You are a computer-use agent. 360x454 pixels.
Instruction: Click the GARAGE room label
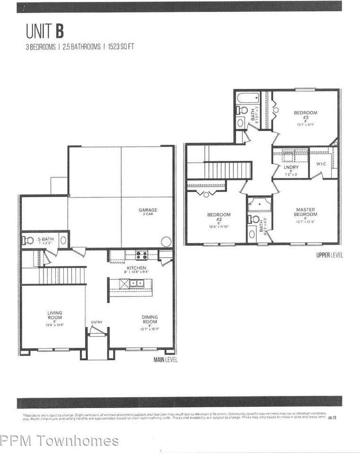pyautogui.click(x=148, y=210)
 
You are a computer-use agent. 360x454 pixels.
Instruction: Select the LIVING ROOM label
pyautogui.click(x=54, y=315)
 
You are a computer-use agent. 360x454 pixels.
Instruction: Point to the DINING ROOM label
pyautogui.click(x=149, y=320)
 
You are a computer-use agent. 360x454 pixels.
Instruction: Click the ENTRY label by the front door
pyautogui.click(x=97, y=322)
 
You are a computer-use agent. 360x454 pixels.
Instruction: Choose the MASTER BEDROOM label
pyautogui.click(x=305, y=212)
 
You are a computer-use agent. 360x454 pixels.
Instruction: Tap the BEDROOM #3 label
pyautogui.click(x=305, y=115)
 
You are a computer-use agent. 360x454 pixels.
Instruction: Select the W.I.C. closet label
pyautogui.click(x=321, y=164)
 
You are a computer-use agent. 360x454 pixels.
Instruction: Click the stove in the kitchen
pyautogui.click(x=141, y=255)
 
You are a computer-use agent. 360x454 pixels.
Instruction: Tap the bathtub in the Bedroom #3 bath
pyautogui.click(x=247, y=99)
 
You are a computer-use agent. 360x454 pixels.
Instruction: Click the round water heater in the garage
pyautogui.click(x=166, y=241)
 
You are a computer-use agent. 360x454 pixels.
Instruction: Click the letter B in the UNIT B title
pyautogui.click(x=59, y=31)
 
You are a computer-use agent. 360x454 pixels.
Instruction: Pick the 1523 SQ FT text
pyautogui.click(x=122, y=47)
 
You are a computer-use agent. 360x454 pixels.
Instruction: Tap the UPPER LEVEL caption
pyautogui.click(x=330, y=255)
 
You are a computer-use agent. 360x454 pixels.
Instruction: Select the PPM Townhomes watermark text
pyautogui.click(x=60, y=441)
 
